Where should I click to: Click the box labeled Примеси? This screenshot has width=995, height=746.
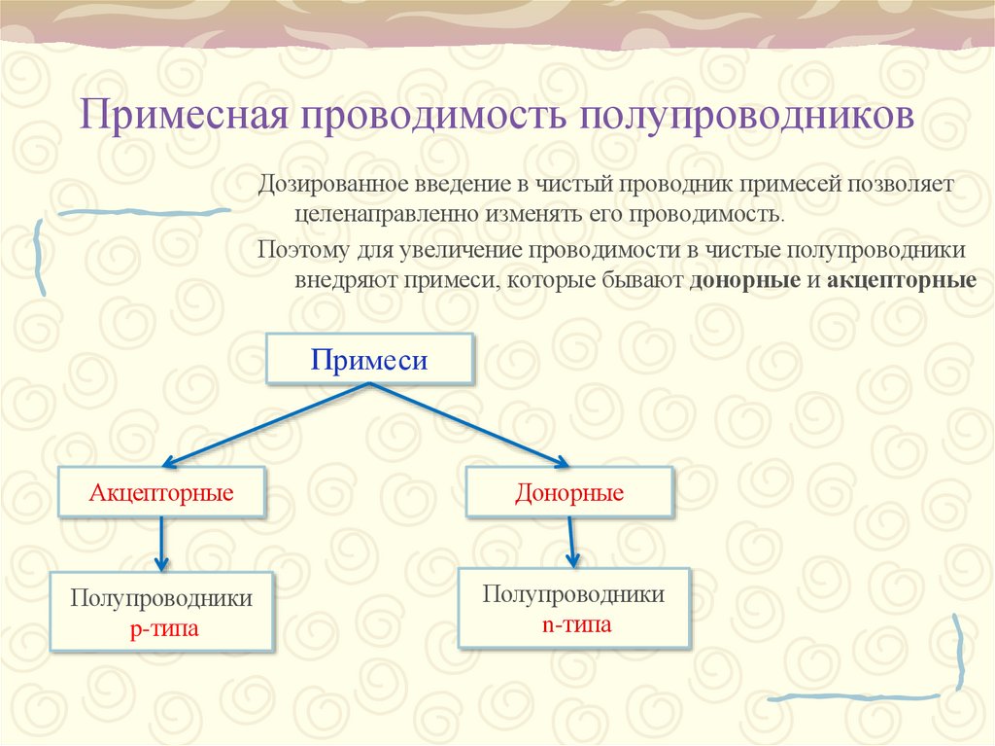click(369, 360)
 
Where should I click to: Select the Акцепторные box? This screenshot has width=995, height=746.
click(161, 492)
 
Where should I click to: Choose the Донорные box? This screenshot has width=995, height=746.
click(568, 492)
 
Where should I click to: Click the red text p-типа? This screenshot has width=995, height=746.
click(163, 628)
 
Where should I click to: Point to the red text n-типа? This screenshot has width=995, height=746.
click(576, 623)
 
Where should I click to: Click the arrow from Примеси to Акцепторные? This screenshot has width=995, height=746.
click(267, 423)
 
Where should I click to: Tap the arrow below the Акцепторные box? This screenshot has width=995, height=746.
click(161, 545)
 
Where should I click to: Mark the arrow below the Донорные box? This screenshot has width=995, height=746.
click(571, 542)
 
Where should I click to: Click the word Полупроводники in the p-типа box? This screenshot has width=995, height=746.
click(161, 598)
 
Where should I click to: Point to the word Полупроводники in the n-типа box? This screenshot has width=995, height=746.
click(574, 594)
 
